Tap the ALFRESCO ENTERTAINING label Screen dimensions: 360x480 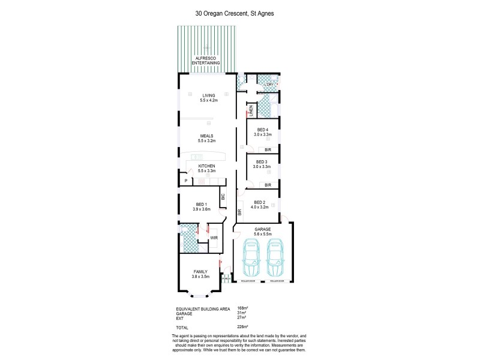pyautogui.click(x=206, y=61)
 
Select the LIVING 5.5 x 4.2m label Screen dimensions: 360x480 pyautogui.click(x=208, y=98)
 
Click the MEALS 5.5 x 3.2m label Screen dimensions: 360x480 pyautogui.click(x=207, y=139)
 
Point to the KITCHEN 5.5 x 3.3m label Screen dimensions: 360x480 pyautogui.click(x=206, y=169)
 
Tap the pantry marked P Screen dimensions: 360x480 pyautogui.click(x=186, y=180)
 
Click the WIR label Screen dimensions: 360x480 pyautogui.click(x=213, y=238)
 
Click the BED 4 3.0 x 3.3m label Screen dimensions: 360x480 pyautogui.click(x=263, y=133)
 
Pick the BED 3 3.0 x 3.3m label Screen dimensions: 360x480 pyautogui.click(x=263, y=164)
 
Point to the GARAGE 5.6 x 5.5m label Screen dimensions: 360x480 pyautogui.click(x=263, y=232)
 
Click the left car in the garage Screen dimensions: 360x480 pyautogui.click(x=250, y=259)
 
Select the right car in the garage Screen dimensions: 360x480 pyautogui.click(x=275, y=259)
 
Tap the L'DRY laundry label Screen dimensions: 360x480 pyautogui.click(x=268, y=85)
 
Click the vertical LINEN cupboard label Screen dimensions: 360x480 pyautogui.click(x=251, y=111)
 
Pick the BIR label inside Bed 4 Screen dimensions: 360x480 pyautogui.click(x=268, y=151)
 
